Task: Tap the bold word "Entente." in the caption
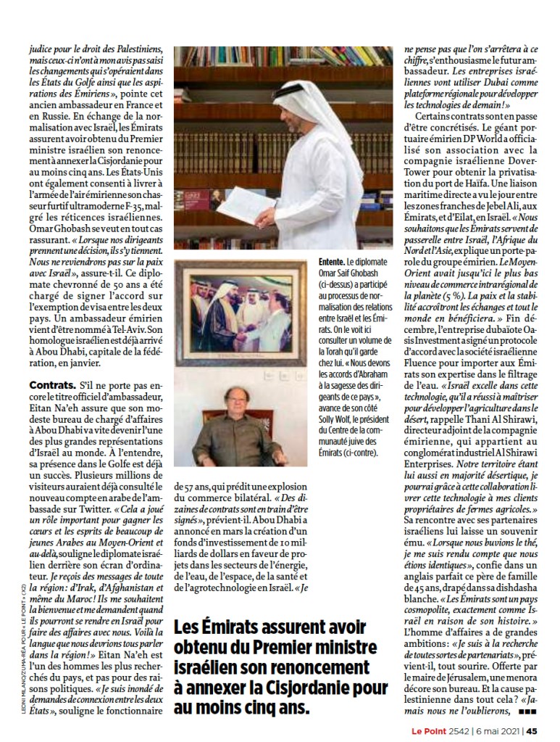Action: click(x=332, y=261)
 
